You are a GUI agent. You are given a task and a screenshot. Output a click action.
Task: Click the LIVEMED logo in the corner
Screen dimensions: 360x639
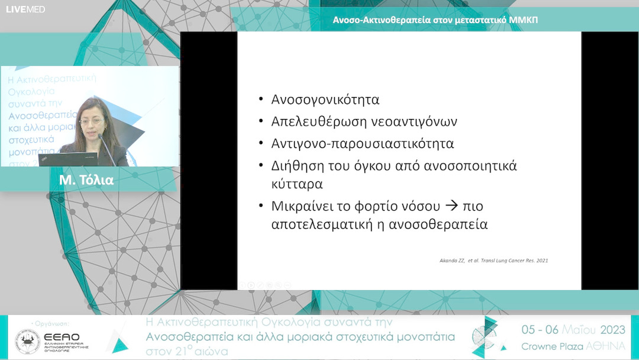25,9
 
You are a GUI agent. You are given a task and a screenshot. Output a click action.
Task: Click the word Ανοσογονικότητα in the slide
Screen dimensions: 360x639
325,99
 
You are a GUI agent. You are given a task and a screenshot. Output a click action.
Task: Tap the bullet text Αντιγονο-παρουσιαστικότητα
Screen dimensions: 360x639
363,143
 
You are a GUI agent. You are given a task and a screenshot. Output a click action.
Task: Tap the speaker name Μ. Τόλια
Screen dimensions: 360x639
86,180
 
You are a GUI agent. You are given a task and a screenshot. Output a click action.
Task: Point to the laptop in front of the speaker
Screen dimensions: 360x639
67,159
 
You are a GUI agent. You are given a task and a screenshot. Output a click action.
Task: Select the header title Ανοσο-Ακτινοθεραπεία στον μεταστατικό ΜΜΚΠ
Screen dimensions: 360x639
435,20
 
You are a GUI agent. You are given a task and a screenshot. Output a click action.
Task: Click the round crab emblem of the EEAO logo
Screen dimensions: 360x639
28,342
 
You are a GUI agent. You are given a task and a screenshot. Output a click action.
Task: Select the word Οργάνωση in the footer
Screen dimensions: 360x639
53,324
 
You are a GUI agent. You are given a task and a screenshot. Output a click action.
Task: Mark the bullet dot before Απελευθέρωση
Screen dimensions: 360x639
261,121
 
